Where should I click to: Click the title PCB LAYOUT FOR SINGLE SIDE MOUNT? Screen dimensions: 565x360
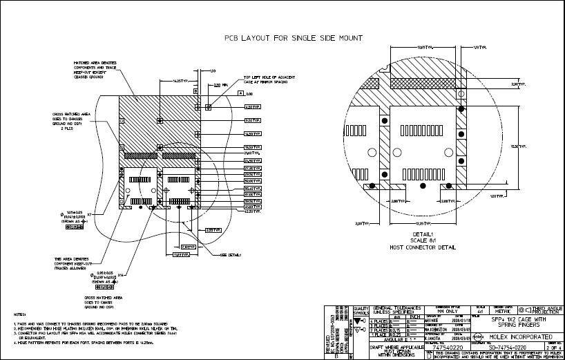coord(294,39)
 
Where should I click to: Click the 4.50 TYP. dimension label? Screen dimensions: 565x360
coord(252,107)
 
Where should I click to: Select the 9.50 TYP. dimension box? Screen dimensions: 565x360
coord(252,120)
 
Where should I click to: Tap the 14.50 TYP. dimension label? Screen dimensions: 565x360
coord(252,133)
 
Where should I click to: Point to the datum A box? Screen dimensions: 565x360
coord(240,93)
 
